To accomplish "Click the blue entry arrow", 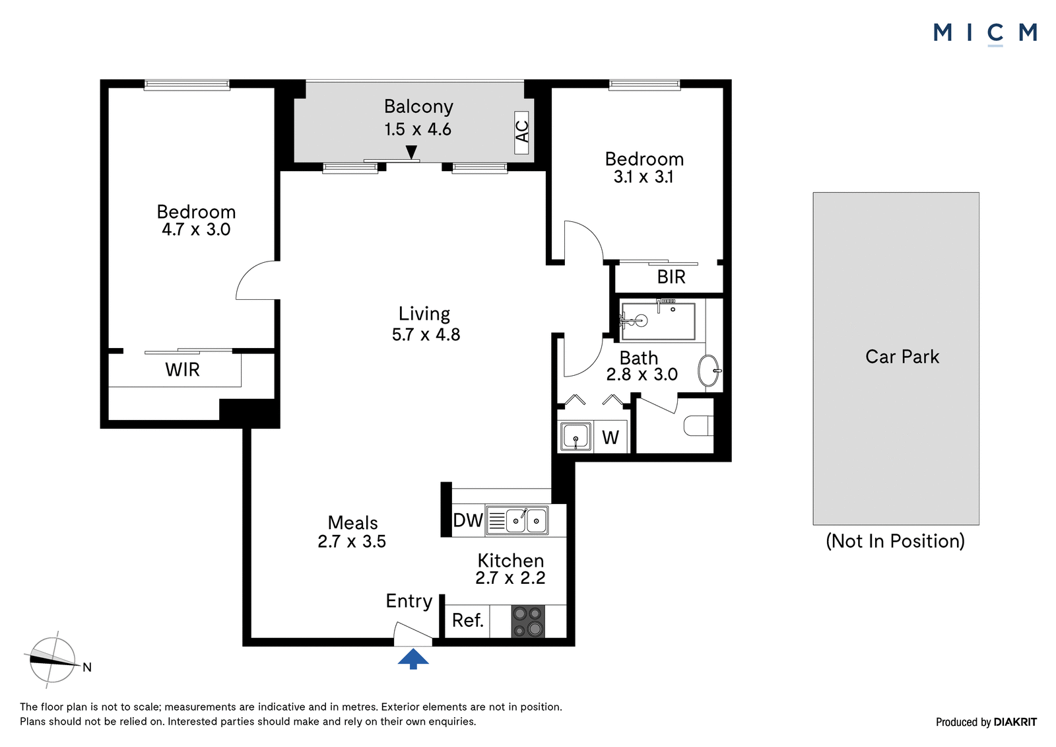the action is (x=413, y=658).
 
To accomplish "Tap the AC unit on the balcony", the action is (x=521, y=133).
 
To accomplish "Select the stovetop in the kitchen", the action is (x=528, y=622).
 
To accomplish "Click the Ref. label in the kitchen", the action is (x=468, y=621).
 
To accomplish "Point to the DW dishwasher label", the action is (x=468, y=520).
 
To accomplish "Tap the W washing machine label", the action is (x=610, y=437).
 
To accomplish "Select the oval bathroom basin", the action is (x=709, y=371).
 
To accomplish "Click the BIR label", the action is (x=671, y=277).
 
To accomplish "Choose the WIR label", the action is (x=182, y=369).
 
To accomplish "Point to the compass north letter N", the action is (x=87, y=667).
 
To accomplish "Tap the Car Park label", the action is (x=902, y=357).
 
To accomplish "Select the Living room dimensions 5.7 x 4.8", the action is (x=426, y=335).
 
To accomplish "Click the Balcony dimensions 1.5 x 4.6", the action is (x=418, y=129).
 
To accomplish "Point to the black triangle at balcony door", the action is (x=412, y=151).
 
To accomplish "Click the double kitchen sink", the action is (x=517, y=521).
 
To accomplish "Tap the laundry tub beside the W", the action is (x=576, y=436).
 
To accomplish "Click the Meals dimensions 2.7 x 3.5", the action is (x=352, y=541).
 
